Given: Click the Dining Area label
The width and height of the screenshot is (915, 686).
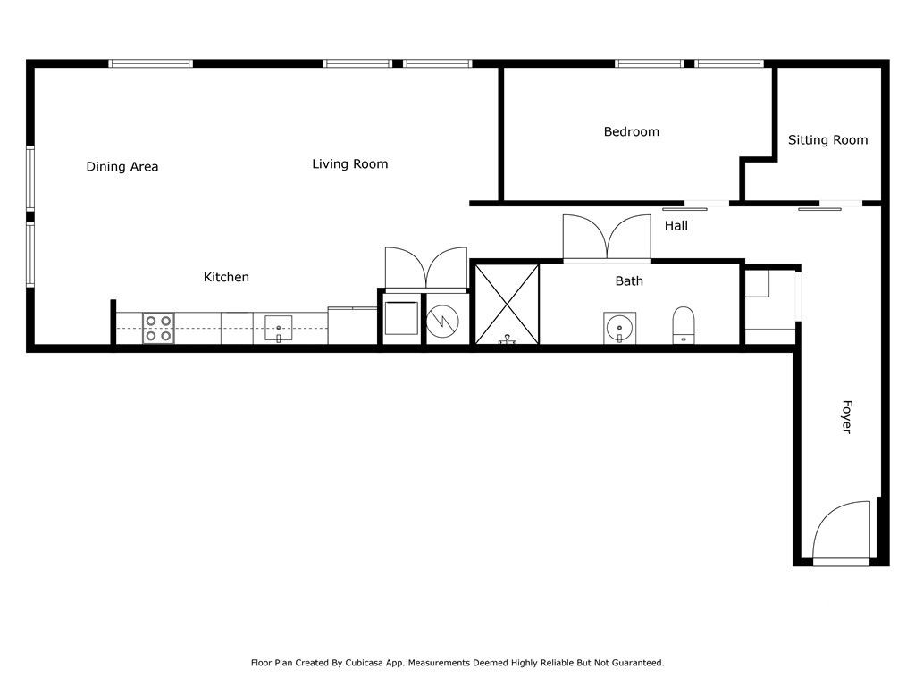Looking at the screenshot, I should click(122, 167).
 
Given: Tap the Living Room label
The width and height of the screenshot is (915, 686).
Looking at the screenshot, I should click(349, 164).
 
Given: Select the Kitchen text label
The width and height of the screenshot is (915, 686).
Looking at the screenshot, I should click(226, 278).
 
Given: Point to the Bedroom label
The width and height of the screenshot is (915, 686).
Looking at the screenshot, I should click(631, 132).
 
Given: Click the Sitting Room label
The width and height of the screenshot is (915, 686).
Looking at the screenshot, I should click(827, 140).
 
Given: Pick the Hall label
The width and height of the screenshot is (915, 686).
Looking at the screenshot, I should click(676, 226).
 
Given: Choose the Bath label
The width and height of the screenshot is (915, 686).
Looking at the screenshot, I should click(629, 281).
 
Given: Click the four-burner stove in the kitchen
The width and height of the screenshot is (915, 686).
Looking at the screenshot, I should click(157, 328).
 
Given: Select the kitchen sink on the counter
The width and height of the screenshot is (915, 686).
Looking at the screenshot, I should click(279, 329).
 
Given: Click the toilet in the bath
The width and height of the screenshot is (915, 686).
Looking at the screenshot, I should click(684, 324).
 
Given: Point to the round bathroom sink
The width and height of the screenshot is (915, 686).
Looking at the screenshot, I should click(617, 327).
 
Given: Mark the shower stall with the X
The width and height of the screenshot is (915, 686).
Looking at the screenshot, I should click(506, 305).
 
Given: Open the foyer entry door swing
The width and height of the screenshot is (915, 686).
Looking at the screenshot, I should click(841, 531).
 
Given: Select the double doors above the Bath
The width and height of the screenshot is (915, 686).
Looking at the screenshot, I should click(607, 238).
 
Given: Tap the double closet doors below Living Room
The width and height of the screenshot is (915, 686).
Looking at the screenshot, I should click(426, 269).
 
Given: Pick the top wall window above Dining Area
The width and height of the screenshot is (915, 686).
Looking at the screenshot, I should click(150, 63).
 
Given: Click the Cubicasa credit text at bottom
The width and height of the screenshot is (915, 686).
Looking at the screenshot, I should click(457, 663).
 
